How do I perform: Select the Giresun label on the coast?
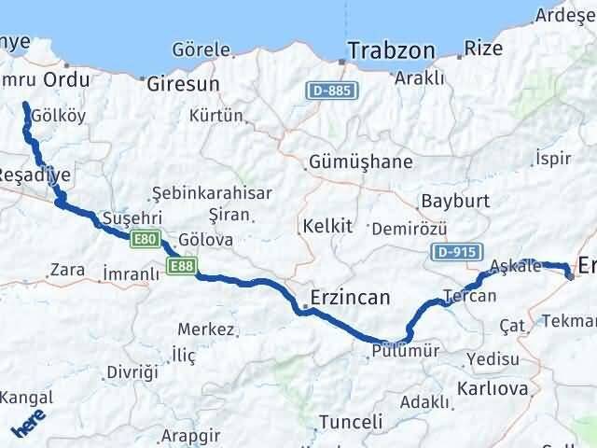(x=183, y=84)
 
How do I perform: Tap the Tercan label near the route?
(x=470, y=296)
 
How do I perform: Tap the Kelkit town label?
(x=326, y=226)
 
